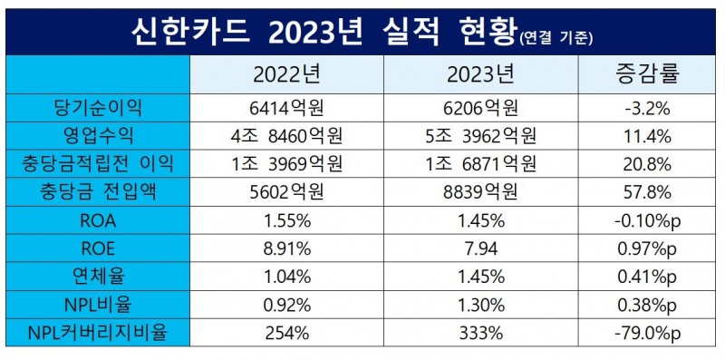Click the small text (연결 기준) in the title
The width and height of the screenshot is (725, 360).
click(557, 37)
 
